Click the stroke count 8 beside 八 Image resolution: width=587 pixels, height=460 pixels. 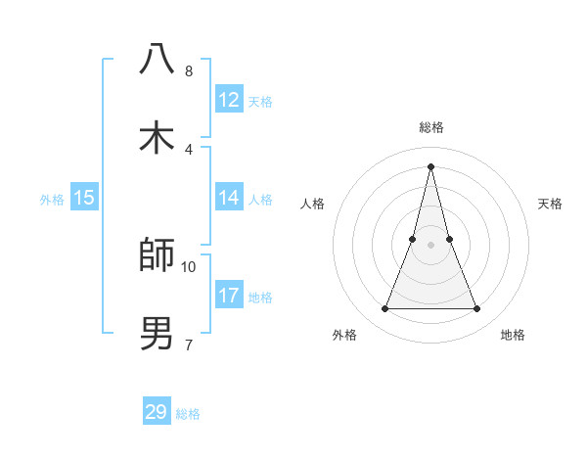point(188,71)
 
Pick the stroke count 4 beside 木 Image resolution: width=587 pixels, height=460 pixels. point(188,149)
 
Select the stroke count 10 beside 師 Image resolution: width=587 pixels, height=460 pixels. point(189,266)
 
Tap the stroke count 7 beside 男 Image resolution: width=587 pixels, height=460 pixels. point(188,344)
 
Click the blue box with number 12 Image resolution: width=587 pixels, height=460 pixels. point(229,100)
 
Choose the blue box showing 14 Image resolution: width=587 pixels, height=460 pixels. point(229,198)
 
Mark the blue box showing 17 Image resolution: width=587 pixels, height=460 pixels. point(229,295)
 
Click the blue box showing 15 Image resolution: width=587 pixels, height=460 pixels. point(84,198)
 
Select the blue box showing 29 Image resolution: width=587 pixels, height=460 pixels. point(157,412)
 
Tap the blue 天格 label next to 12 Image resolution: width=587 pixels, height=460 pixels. point(260,102)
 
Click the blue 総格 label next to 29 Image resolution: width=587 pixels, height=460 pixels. point(188,414)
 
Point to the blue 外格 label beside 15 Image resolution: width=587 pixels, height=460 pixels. point(52,200)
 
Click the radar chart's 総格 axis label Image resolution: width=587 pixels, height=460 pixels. point(430,127)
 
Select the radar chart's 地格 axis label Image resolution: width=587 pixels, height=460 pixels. point(513,335)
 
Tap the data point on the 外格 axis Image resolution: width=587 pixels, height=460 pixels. point(384,309)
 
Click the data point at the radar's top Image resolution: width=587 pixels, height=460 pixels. point(430,166)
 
